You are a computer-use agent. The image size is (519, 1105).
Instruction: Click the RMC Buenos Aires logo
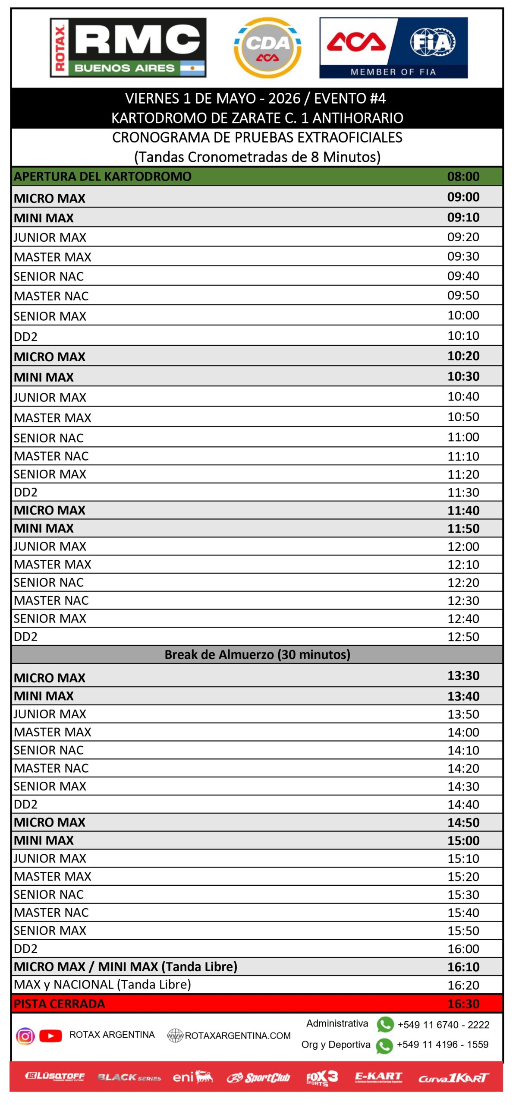click(x=128, y=47)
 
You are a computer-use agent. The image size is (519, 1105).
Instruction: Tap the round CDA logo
click(x=267, y=48)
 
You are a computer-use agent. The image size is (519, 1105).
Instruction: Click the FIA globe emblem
click(x=432, y=42)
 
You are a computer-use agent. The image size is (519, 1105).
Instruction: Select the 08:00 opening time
click(x=463, y=176)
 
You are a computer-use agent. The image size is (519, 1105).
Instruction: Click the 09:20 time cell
click(x=463, y=237)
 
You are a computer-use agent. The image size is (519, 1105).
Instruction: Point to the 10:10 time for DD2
click(x=463, y=335)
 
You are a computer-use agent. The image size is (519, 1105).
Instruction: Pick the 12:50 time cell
click(x=463, y=637)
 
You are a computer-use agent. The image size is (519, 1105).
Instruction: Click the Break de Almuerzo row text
click(x=257, y=654)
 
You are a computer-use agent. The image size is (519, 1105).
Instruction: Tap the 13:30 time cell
click(x=463, y=676)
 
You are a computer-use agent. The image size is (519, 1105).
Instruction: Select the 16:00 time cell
click(x=463, y=949)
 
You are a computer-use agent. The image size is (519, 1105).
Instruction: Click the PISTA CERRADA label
click(x=59, y=1004)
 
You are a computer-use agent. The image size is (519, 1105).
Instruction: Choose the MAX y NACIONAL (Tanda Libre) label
click(x=102, y=985)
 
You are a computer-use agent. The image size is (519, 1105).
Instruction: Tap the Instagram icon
click(x=25, y=1036)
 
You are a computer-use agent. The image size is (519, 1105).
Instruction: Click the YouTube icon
click(x=50, y=1036)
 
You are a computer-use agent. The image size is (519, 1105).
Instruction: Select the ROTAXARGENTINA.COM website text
click(x=238, y=1036)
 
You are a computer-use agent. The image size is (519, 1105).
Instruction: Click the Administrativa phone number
click(x=444, y=1025)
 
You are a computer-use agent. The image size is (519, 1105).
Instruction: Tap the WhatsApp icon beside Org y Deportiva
click(x=384, y=1045)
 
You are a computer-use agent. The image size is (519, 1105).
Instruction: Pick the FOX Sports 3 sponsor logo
click(x=322, y=1078)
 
